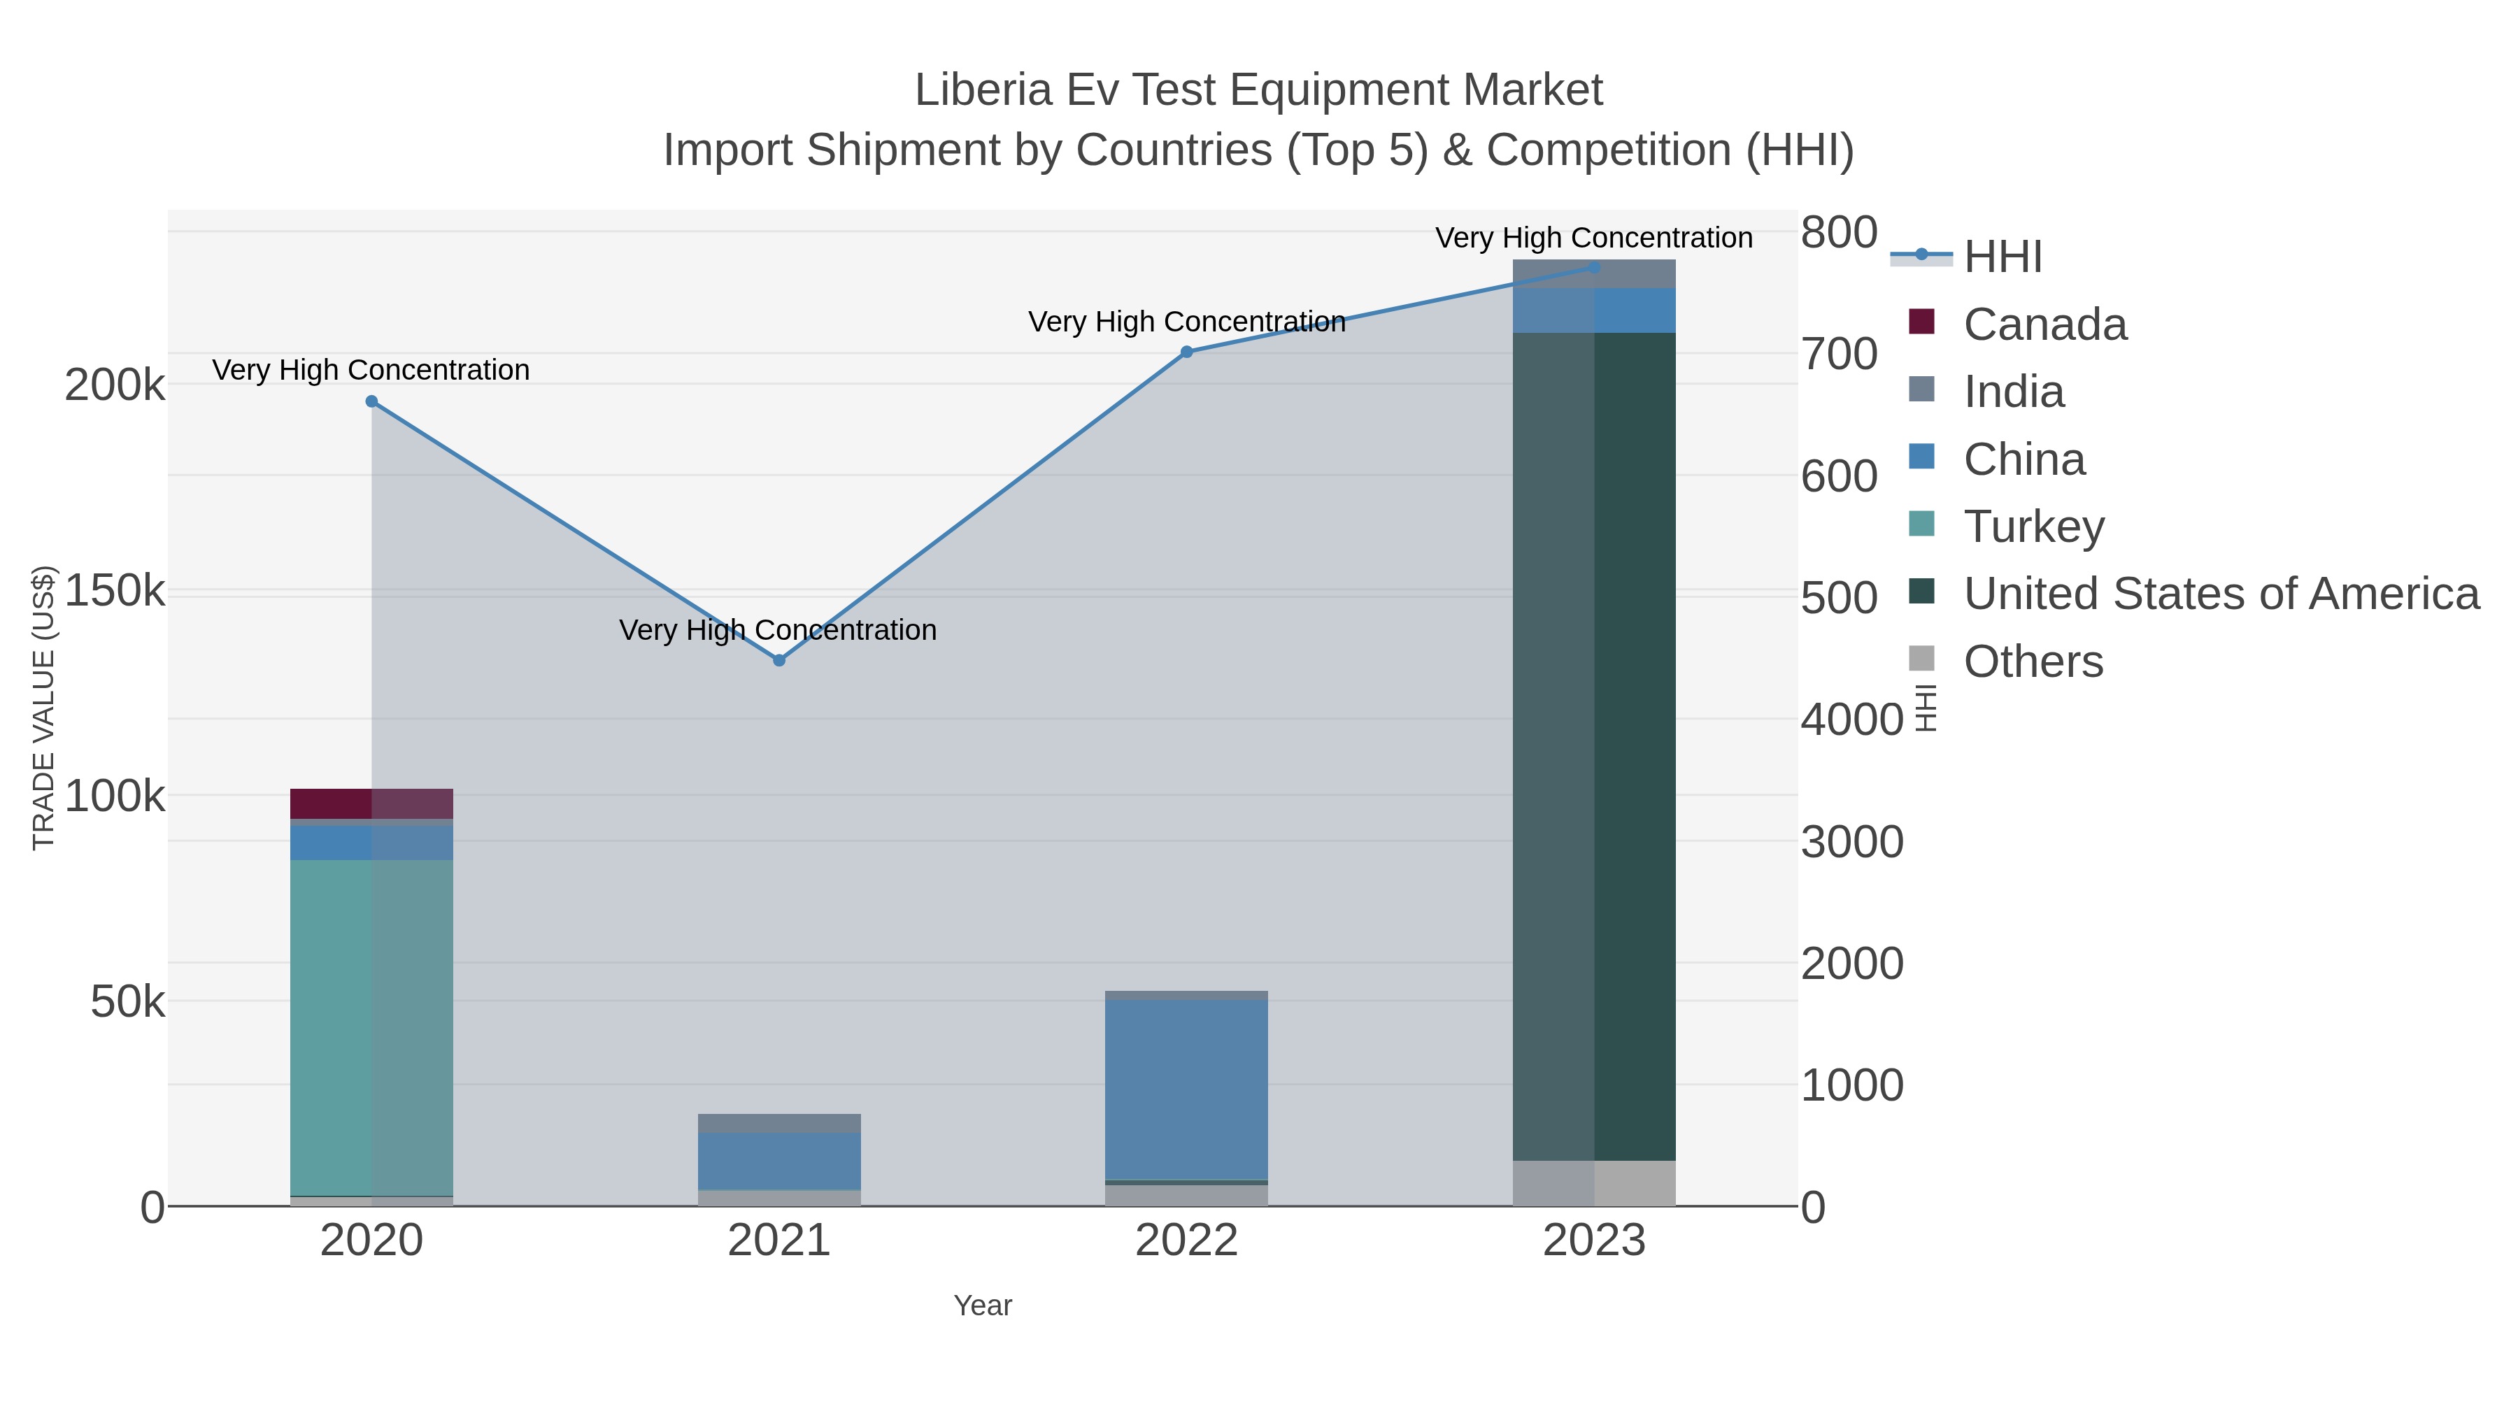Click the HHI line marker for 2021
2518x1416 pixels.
click(x=779, y=661)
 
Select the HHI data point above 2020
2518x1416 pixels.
click(x=371, y=401)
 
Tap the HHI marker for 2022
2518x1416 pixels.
click(x=1187, y=352)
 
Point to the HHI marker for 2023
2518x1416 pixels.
click(x=1594, y=267)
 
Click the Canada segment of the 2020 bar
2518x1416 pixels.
click(x=371, y=803)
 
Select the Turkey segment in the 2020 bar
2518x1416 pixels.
click(x=371, y=1026)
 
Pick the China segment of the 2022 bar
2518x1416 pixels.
click(x=1187, y=1089)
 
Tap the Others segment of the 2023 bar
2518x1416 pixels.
click(x=1594, y=1182)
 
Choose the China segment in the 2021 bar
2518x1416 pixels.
click(x=779, y=1161)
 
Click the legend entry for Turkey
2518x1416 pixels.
click(x=2033, y=527)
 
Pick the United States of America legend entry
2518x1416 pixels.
click(x=2220, y=594)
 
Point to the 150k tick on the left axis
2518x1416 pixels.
click(x=115, y=591)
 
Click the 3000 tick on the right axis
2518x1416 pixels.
click(x=1851, y=843)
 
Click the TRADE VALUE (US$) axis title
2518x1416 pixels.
click(x=44, y=708)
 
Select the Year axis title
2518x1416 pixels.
click(x=983, y=1306)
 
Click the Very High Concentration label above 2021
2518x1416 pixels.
click(x=778, y=630)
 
